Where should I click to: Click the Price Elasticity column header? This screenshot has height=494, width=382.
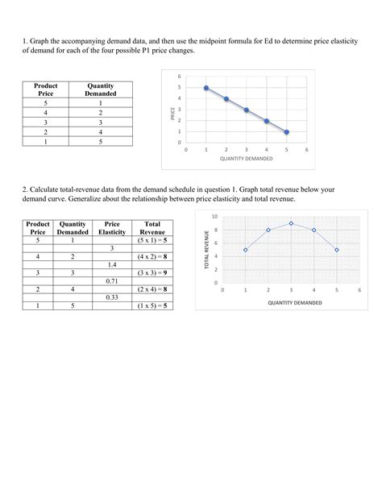point(112,227)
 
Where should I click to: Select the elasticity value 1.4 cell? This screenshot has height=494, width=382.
point(112,264)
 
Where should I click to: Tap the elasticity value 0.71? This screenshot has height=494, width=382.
point(112,280)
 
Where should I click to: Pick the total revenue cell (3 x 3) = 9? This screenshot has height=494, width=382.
point(152,272)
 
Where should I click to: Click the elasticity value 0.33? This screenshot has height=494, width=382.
point(112,297)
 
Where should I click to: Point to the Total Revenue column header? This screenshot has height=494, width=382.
point(152,227)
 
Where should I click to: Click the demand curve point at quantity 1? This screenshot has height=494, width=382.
point(206,88)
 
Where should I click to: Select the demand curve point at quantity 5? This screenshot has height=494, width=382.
point(287,131)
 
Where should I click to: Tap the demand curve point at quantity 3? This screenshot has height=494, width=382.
point(247,110)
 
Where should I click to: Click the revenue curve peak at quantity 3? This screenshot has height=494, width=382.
point(291,223)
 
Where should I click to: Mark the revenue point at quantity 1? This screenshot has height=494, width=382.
point(245,250)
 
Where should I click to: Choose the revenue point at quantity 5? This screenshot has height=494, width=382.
point(337,250)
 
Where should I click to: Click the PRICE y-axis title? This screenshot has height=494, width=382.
point(172,114)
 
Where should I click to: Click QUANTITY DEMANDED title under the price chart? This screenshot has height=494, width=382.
point(246,159)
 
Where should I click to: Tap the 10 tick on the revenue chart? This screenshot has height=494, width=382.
point(214,217)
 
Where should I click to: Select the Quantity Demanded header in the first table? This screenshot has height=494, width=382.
point(101,89)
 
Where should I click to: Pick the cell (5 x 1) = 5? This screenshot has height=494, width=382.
point(152,239)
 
